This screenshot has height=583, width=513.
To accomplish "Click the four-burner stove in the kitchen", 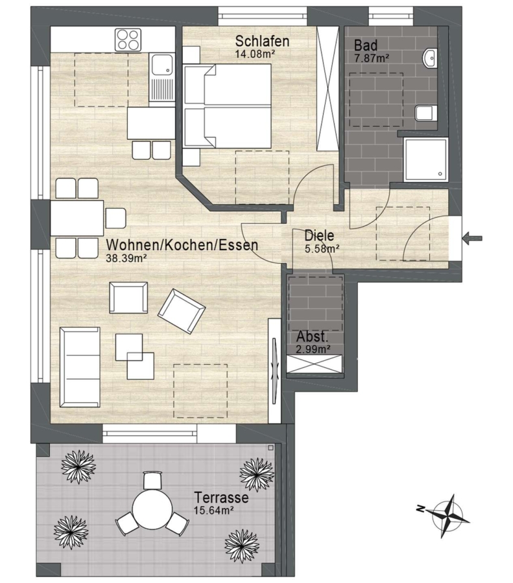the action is [128, 40].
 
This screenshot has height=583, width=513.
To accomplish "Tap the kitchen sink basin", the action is [162, 64].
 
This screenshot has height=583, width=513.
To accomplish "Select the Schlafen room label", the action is [262, 41].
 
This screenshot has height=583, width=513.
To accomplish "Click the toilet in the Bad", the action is [425, 113].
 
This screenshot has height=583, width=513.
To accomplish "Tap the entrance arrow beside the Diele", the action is [472, 238].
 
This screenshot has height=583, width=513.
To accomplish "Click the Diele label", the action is [319, 236].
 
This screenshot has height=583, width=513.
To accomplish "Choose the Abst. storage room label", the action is [313, 337].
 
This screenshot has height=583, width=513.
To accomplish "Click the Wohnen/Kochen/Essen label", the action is [182, 245].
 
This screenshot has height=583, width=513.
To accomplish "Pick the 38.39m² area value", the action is [125, 258].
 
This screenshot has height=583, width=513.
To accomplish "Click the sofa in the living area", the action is [80, 367].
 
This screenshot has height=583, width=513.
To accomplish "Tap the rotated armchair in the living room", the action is [182, 311].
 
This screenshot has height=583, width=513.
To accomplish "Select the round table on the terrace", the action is [152, 509].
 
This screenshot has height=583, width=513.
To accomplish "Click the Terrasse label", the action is [222, 497].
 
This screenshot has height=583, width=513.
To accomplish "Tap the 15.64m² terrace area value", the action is [213, 510].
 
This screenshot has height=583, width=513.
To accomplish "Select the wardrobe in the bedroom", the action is [328, 89].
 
